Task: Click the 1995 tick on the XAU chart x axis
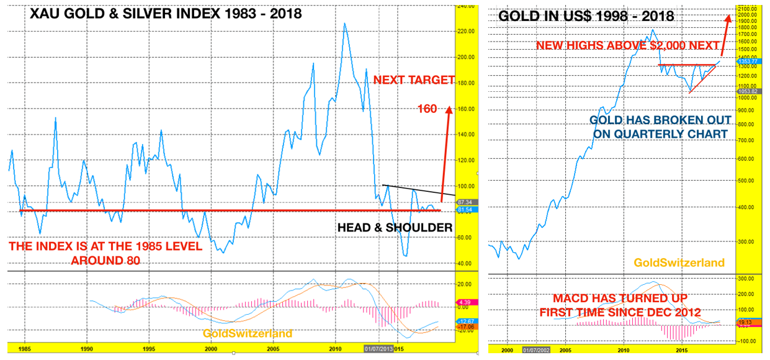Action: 148,350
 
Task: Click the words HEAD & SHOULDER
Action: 395,228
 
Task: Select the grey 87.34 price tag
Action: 464,202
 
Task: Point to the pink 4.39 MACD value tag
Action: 464,302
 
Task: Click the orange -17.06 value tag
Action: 464,326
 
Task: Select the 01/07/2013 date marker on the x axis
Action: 377,350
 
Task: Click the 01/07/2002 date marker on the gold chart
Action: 535,351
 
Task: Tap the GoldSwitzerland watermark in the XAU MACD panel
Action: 247,333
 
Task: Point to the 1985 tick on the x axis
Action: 25,350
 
